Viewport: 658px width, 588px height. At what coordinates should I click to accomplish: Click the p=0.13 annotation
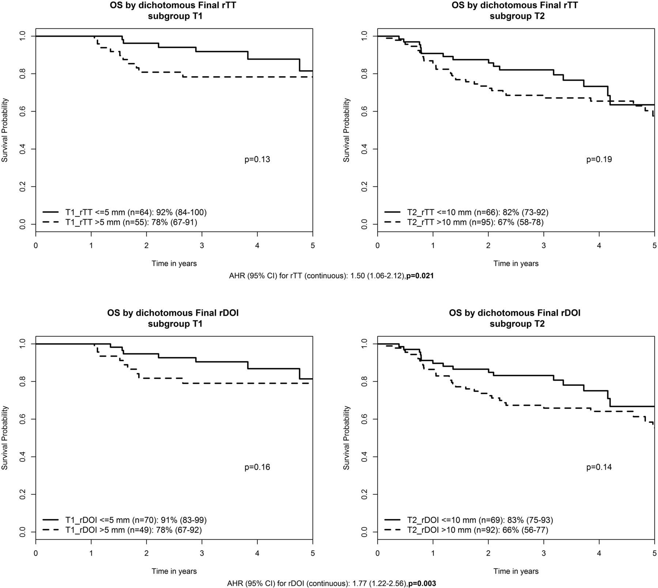(257, 159)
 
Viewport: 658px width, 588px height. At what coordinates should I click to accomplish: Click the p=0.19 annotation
(599, 159)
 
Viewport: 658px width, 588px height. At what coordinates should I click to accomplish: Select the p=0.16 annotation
(257, 467)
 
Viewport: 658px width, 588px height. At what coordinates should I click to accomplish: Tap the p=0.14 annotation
(599, 467)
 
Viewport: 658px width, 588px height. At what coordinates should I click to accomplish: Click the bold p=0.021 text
(420, 276)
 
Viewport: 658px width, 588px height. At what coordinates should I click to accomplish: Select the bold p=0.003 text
(422, 584)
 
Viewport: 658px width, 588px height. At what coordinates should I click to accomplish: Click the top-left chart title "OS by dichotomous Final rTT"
(174, 5)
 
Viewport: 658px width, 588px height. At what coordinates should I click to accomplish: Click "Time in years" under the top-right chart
(516, 263)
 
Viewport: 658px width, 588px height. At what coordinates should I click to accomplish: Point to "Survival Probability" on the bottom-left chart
(5, 438)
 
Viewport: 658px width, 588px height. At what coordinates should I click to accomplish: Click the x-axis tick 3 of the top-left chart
(202, 246)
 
